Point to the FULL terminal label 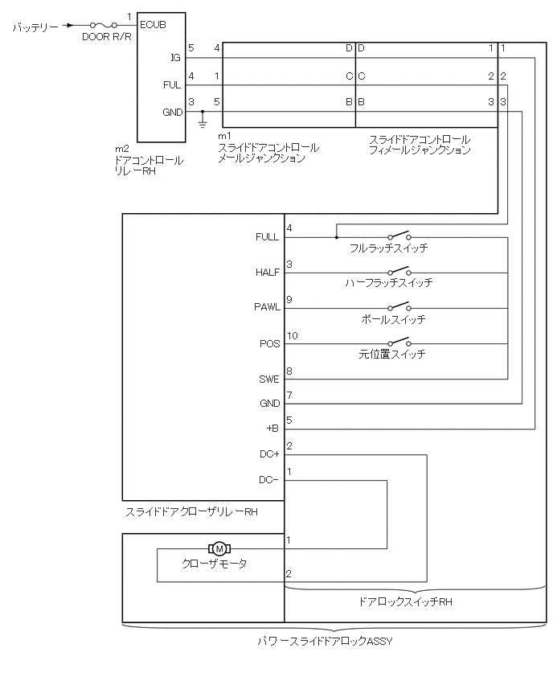tap(267, 238)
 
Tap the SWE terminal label tap(268, 379)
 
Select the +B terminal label tap(272, 428)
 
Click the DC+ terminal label tap(269, 455)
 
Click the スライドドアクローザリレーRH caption tap(191, 511)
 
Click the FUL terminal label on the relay tap(173, 84)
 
